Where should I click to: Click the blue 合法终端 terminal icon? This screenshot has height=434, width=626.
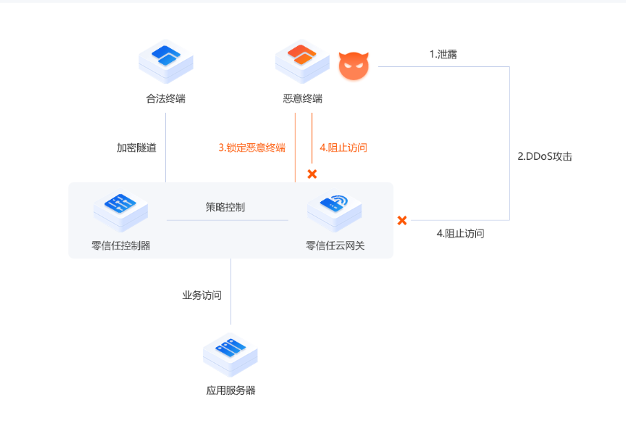click(x=166, y=61)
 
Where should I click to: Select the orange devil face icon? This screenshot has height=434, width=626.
click(x=354, y=65)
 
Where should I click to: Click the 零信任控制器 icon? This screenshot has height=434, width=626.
click(x=121, y=211)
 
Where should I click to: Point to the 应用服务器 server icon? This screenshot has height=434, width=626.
click(x=230, y=354)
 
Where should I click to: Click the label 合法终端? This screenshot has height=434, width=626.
click(x=166, y=99)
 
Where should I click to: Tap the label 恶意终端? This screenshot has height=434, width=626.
click(x=302, y=99)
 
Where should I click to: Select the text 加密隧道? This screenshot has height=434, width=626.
click(x=136, y=147)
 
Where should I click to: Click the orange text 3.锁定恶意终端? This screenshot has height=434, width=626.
click(x=252, y=147)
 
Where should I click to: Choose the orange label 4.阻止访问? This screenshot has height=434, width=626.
click(x=344, y=147)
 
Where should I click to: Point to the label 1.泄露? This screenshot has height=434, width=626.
click(x=444, y=54)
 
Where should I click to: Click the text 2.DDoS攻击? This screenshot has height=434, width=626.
click(x=545, y=156)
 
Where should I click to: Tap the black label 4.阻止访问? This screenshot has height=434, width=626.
click(x=460, y=234)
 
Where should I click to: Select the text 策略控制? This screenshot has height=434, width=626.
click(x=225, y=207)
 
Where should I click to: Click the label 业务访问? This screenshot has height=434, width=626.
click(x=202, y=295)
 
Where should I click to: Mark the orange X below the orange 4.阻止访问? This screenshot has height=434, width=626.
click(x=312, y=174)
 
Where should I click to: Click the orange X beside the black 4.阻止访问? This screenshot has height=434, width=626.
click(x=402, y=220)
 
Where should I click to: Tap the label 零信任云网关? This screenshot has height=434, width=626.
click(x=335, y=246)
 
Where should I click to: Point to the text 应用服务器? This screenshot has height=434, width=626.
click(x=231, y=390)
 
